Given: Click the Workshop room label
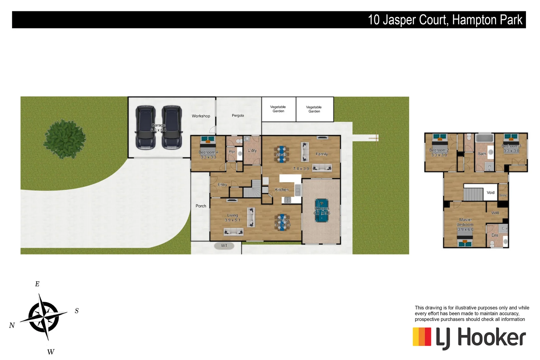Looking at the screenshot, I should point(201,116).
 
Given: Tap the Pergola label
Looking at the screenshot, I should point(238,116).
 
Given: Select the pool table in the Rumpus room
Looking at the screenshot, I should point(322,210).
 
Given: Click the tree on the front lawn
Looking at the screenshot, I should point(64,139).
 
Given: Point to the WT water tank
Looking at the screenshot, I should point(224,246).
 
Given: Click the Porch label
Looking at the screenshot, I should point(201,206).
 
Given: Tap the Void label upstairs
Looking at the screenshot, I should point(490,193).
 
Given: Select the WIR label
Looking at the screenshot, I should point(495,213).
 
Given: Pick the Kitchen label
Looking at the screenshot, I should point(282,190).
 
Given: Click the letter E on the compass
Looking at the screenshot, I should point(37,284).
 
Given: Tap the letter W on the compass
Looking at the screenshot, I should point(51,352).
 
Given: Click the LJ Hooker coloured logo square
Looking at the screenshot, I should point(422,337).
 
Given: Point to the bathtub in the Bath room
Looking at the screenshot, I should point(484,138).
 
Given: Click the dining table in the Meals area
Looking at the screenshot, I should point(282,154).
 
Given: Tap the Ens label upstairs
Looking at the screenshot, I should point(495,235).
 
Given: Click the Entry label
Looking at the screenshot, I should point(222,185).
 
